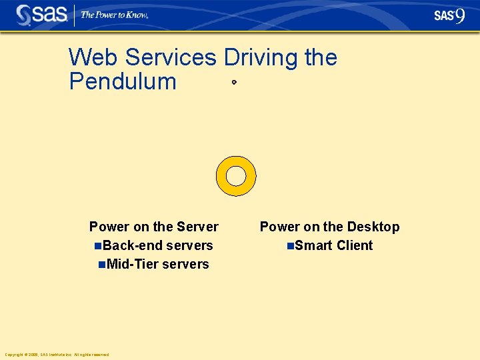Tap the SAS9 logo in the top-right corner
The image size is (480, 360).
tap(449, 15)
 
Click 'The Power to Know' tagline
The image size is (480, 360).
tap(114, 15)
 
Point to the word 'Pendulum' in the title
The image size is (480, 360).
tap(123, 82)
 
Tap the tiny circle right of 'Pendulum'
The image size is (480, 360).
tap(234, 83)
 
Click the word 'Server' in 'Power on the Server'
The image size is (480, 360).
tap(198, 227)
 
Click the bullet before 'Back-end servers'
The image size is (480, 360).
tap(99, 246)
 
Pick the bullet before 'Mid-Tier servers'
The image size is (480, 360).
tap(101, 265)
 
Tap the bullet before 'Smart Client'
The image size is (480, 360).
tap(290, 246)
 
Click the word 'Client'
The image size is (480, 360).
tap(355, 245)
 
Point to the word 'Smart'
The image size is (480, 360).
tap(314, 245)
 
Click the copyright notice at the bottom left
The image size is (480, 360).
tap(57, 355)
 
